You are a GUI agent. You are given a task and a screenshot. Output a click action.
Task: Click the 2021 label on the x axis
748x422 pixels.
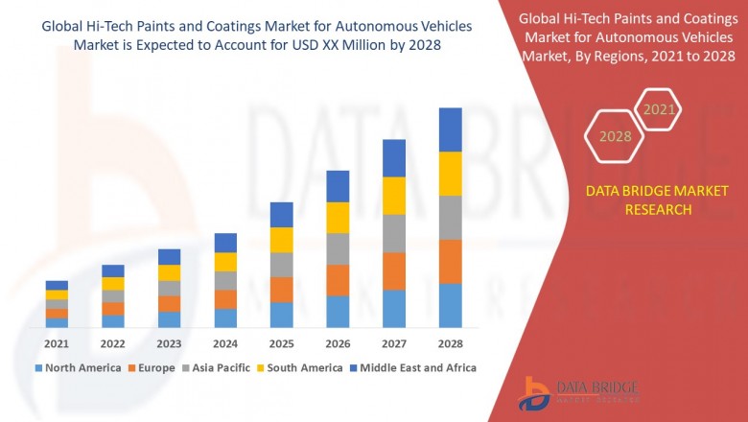tap(57, 343)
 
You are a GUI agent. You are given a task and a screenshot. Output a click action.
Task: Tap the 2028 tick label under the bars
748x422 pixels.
tap(451, 343)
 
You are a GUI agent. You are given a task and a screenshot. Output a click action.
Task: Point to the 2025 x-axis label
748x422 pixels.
tap(281, 343)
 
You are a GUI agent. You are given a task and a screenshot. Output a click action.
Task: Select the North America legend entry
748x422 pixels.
tap(78, 367)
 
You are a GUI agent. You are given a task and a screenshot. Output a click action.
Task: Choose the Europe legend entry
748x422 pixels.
tap(152, 367)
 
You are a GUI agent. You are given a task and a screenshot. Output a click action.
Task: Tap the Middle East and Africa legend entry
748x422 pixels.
tap(415, 367)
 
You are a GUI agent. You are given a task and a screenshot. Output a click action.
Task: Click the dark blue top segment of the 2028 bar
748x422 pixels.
tap(451, 129)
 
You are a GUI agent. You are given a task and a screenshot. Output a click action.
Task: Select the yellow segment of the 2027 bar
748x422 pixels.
tap(394, 196)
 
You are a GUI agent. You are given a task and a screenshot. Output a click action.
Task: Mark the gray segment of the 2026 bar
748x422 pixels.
tap(338, 248)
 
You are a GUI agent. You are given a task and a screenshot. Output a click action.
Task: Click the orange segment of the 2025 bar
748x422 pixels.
tap(281, 290)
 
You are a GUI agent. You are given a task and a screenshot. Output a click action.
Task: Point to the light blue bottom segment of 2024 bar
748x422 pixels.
tap(225, 318)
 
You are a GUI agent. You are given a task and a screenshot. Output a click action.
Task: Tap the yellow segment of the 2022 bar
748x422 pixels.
tap(113, 284)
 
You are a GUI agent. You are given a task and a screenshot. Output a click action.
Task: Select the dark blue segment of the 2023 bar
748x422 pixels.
tap(169, 257)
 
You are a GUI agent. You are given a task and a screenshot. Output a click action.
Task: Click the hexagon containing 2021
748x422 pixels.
tap(659, 110)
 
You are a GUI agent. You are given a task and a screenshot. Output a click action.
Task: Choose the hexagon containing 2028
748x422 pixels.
tap(616, 137)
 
